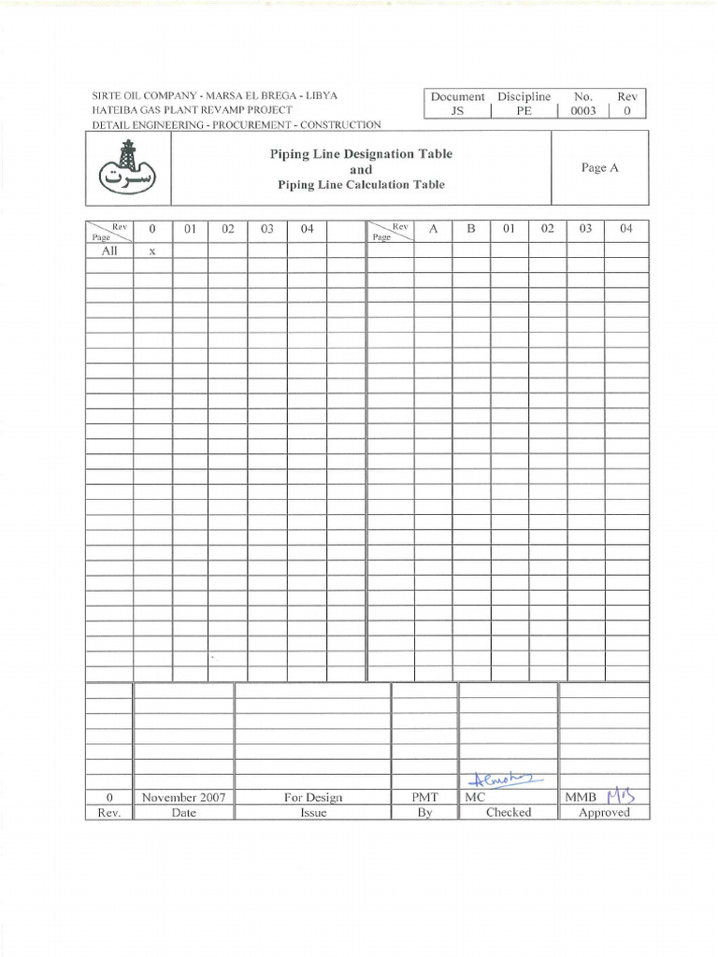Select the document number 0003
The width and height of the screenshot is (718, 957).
coord(582,110)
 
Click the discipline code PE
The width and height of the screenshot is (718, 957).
coord(524,110)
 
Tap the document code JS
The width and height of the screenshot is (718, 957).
coord(457,110)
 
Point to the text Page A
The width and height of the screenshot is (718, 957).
coord(599,168)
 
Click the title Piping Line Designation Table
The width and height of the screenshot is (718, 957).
coord(361,154)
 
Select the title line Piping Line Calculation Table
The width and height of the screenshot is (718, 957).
coord(361,184)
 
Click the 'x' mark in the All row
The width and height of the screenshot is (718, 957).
coord(151,250)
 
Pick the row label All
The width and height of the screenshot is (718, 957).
coord(109,250)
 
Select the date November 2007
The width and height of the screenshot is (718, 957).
coord(183,797)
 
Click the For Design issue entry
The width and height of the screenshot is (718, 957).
coord(312,797)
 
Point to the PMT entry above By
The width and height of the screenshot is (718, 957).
coord(424,797)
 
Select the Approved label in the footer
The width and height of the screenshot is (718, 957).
coord(604,813)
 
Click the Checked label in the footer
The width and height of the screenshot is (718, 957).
coord(508,813)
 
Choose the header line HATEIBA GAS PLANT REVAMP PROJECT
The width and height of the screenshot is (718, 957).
coord(192,110)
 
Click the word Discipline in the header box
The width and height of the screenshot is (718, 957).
coord(524,96)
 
